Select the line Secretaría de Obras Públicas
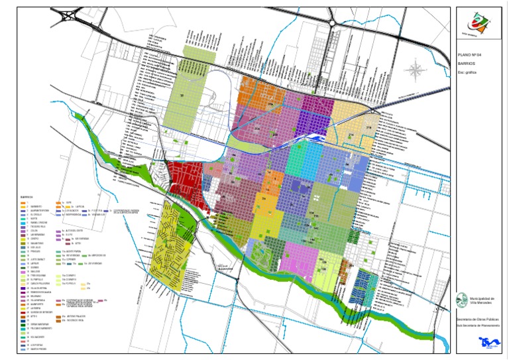coord(478,320)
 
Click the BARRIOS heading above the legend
coord(27,197)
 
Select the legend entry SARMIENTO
coord(36,206)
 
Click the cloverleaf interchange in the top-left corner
coord(71,14)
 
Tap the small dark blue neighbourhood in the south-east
coord(364,282)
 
